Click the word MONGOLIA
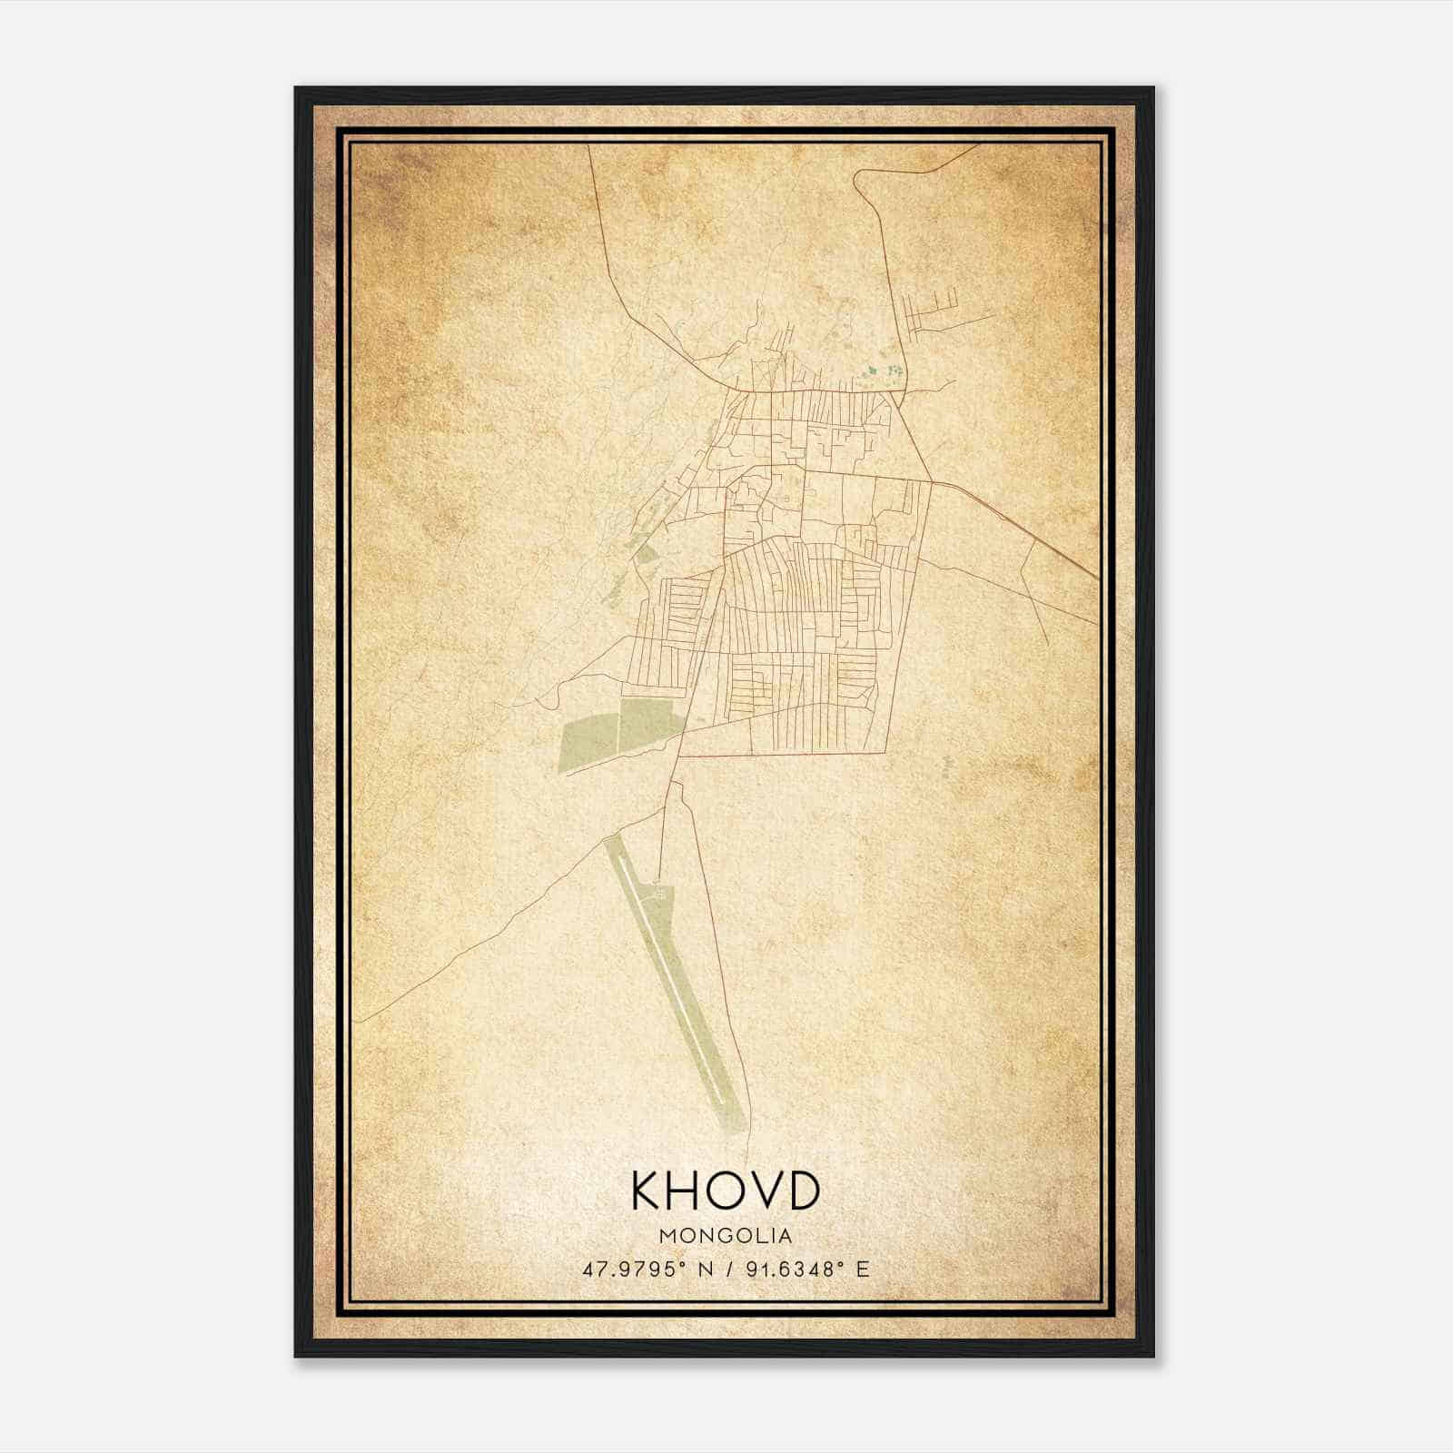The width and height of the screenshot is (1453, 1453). [x=726, y=1236]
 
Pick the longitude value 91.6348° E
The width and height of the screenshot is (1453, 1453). [x=807, y=1269]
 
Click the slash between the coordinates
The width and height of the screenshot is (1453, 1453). [x=726, y=1269]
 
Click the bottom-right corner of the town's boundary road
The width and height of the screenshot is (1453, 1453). [x=885, y=752]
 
